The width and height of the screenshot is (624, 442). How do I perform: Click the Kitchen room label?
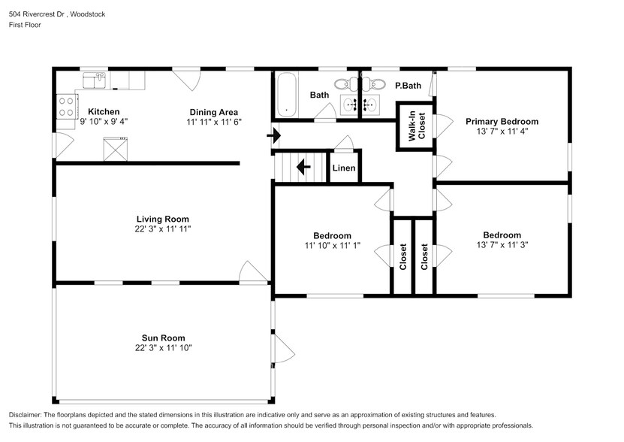point(104,111)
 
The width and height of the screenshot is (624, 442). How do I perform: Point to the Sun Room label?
point(163,338)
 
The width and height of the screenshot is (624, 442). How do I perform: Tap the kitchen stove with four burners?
point(65,105)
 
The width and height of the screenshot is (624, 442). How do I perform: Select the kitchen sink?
point(95,78)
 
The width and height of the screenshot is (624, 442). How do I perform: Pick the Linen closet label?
point(344,168)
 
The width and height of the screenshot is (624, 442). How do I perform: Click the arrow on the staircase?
point(305,167)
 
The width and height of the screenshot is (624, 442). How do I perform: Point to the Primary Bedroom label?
point(502,121)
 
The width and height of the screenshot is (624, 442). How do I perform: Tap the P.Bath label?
point(408,86)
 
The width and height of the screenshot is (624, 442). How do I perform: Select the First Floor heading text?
point(25,25)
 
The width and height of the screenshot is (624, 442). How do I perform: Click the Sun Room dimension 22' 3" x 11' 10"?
point(163,349)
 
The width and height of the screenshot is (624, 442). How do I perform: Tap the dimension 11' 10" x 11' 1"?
point(333,245)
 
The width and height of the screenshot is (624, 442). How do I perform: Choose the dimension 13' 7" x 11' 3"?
point(502,245)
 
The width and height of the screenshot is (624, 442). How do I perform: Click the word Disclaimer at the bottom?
point(28,415)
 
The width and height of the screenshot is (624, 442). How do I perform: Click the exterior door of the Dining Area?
point(185,76)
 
